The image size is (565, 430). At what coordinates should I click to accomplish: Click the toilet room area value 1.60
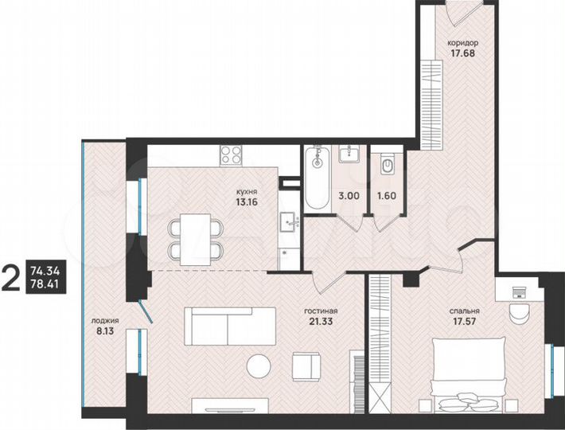(386, 193)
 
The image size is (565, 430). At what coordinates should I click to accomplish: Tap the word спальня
(453, 311)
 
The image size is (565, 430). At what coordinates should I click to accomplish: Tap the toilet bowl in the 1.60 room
(388, 166)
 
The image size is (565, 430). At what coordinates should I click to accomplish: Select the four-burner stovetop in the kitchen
(231, 154)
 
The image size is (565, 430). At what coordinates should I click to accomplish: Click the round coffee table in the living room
(258, 366)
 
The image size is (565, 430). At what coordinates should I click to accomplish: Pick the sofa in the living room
(230, 326)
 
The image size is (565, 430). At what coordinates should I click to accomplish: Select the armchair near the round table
(306, 365)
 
